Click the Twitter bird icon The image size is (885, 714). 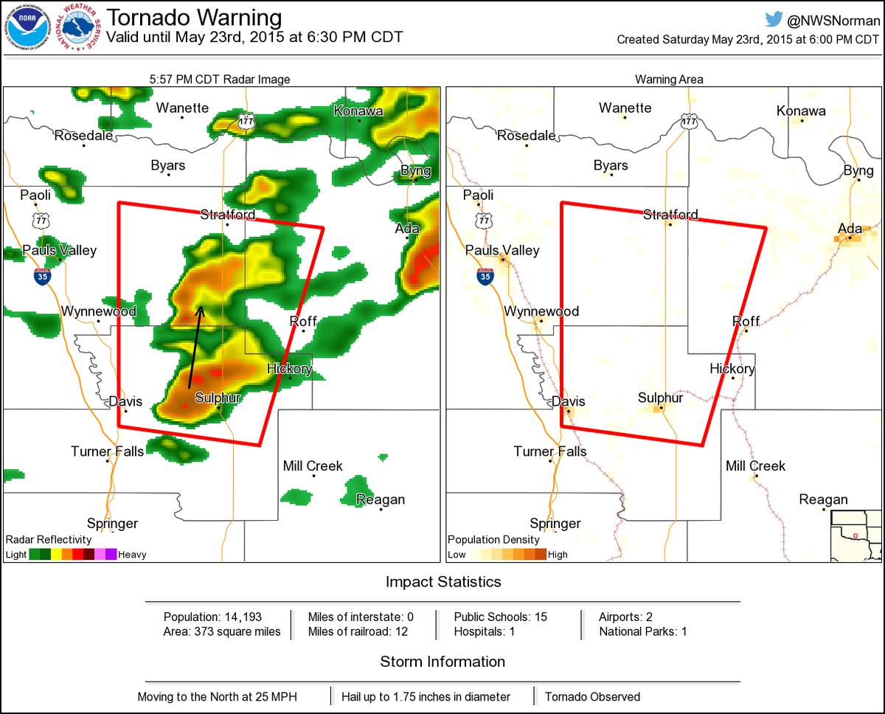coord(774,21)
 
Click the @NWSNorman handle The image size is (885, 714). coord(834,21)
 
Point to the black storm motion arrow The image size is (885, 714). coord(195,347)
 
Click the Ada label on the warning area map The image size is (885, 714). coord(850,228)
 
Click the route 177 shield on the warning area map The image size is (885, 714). coord(690,122)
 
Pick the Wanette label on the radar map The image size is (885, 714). coord(182,108)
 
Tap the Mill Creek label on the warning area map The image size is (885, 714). coord(755,466)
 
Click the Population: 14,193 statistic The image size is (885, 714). coord(212,617)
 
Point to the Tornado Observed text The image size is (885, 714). coord(592,696)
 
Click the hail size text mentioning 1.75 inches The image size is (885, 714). coord(426,696)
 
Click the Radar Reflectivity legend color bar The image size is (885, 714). coord(73,555)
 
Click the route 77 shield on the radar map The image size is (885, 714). coord(41,220)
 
